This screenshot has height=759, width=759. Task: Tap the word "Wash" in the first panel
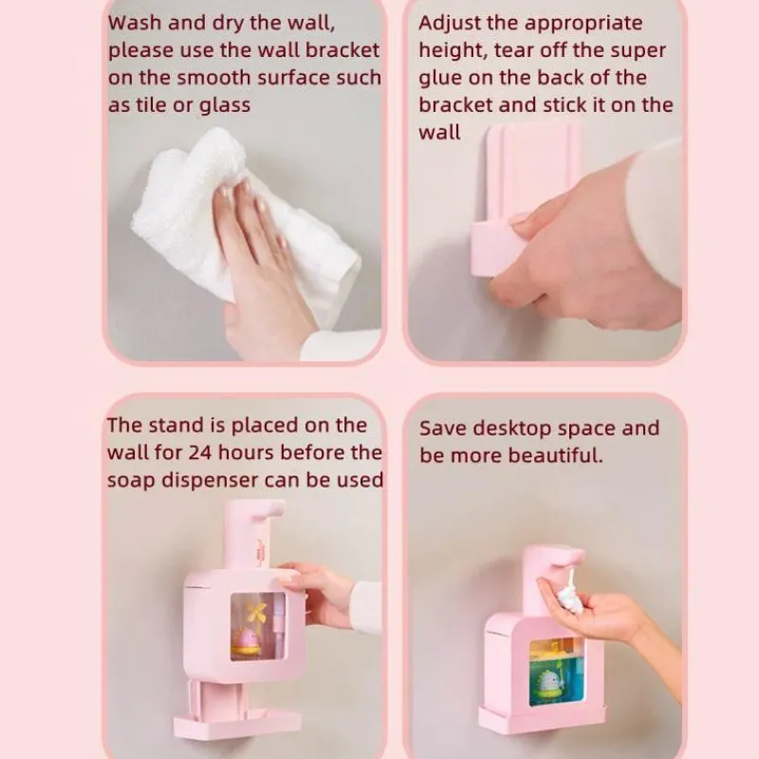[135, 23]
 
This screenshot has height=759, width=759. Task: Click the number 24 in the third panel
[200, 453]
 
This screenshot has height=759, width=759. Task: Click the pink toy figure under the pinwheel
[247, 642]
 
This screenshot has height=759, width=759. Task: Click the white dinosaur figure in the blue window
[548, 683]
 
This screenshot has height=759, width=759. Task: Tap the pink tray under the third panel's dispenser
[237, 724]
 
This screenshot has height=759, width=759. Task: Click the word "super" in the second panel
[638, 51]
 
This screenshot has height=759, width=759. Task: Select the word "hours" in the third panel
[246, 453]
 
